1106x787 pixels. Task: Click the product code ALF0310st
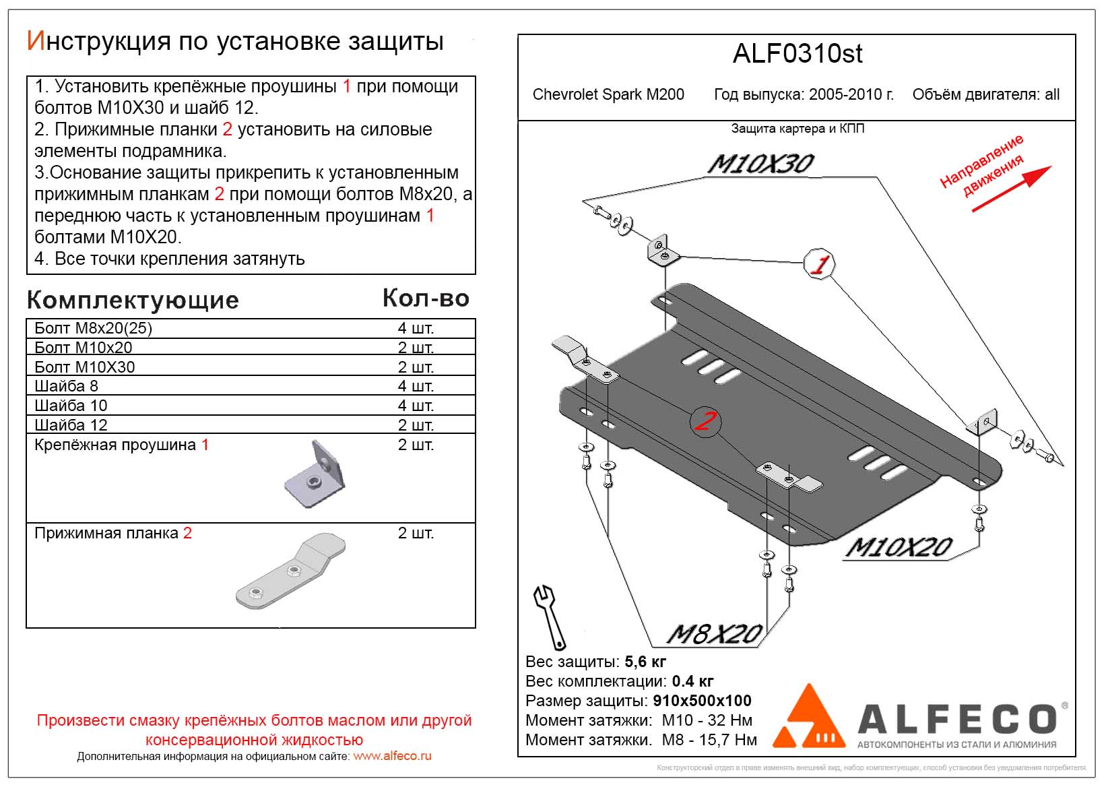[797, 54]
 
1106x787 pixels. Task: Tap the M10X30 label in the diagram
[760, 164]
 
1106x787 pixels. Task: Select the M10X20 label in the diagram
[899, 547]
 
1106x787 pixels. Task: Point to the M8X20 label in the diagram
[714, 633]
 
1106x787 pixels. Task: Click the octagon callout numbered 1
[819, 264]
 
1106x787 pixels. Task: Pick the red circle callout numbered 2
[705, 422]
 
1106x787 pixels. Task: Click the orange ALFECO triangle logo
[809, 718]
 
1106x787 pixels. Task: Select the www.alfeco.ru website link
[392, 756]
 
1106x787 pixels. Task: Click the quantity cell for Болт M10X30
[416, 367]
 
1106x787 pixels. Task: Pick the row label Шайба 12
[71, 425]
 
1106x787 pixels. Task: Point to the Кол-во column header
[426, 298]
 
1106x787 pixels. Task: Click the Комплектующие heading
[133, 301]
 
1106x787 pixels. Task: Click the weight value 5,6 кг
[645, 662]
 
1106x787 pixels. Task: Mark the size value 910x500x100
[702, 701]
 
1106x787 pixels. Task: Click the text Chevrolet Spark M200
[608, 95]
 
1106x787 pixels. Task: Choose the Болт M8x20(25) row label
[93, 328]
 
